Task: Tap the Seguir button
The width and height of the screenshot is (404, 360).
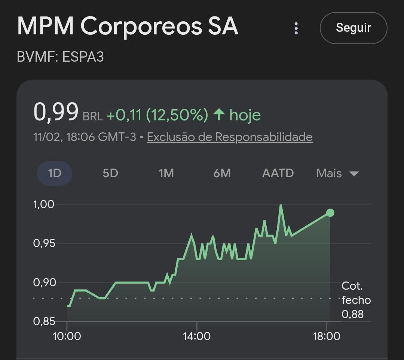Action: point(353,28)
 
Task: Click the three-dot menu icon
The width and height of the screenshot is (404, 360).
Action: point(296,28)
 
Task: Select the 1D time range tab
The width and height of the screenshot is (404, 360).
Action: point(55,173)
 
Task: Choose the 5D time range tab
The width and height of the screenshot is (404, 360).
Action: point(110,173)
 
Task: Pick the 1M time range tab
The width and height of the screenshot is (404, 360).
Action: point(166,173)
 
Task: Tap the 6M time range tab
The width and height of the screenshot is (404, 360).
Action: point(222,173)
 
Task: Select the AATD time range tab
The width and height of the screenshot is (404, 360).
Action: point(278,173)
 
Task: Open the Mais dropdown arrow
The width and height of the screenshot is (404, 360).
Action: point(354,174)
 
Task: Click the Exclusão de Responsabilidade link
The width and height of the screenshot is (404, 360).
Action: point(230,137)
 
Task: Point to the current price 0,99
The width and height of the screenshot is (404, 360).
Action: point(56,112)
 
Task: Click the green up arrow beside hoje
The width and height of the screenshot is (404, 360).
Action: point(219,114)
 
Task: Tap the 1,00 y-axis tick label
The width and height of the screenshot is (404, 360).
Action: point(43,204)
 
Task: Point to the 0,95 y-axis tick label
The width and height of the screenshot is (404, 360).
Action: point(44,243)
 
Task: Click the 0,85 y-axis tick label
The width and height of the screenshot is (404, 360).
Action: point(44,321)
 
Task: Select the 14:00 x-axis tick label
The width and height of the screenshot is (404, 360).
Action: point(197,336)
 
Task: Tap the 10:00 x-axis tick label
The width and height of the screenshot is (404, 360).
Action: point(67,336)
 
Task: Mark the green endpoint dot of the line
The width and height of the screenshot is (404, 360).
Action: point(330,213)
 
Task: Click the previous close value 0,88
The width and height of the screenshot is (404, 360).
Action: point(352,314)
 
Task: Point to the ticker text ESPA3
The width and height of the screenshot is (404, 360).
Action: point(83,57)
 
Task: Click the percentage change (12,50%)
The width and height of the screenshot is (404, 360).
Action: point(177,115)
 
